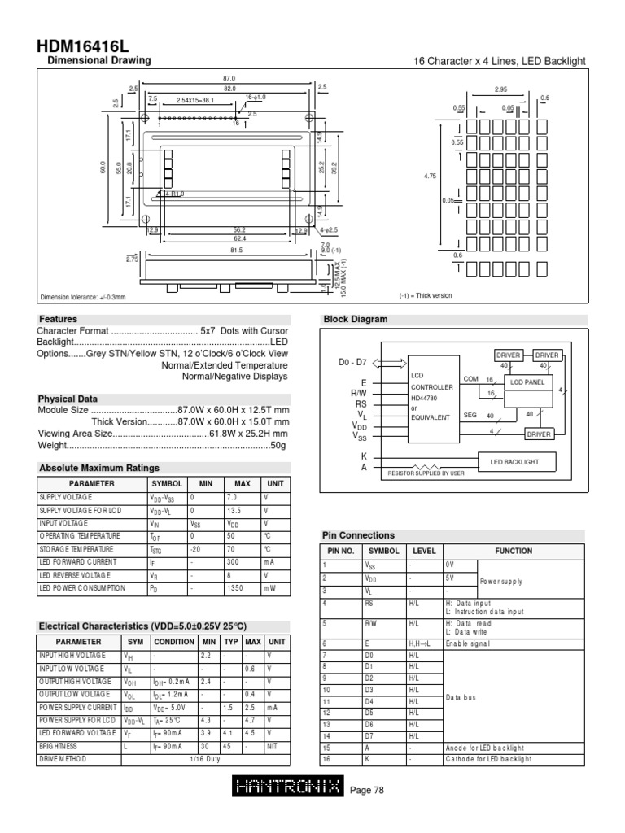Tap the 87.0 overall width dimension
(228, 78)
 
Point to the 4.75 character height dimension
(430, 175)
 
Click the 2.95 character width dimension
(500, 90)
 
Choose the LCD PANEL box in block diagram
(526, 382)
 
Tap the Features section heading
(57, 320)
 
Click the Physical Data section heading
(68, 399)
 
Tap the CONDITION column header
(173, 641)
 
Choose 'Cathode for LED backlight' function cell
(488, 758)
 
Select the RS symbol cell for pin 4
(369, 603)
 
